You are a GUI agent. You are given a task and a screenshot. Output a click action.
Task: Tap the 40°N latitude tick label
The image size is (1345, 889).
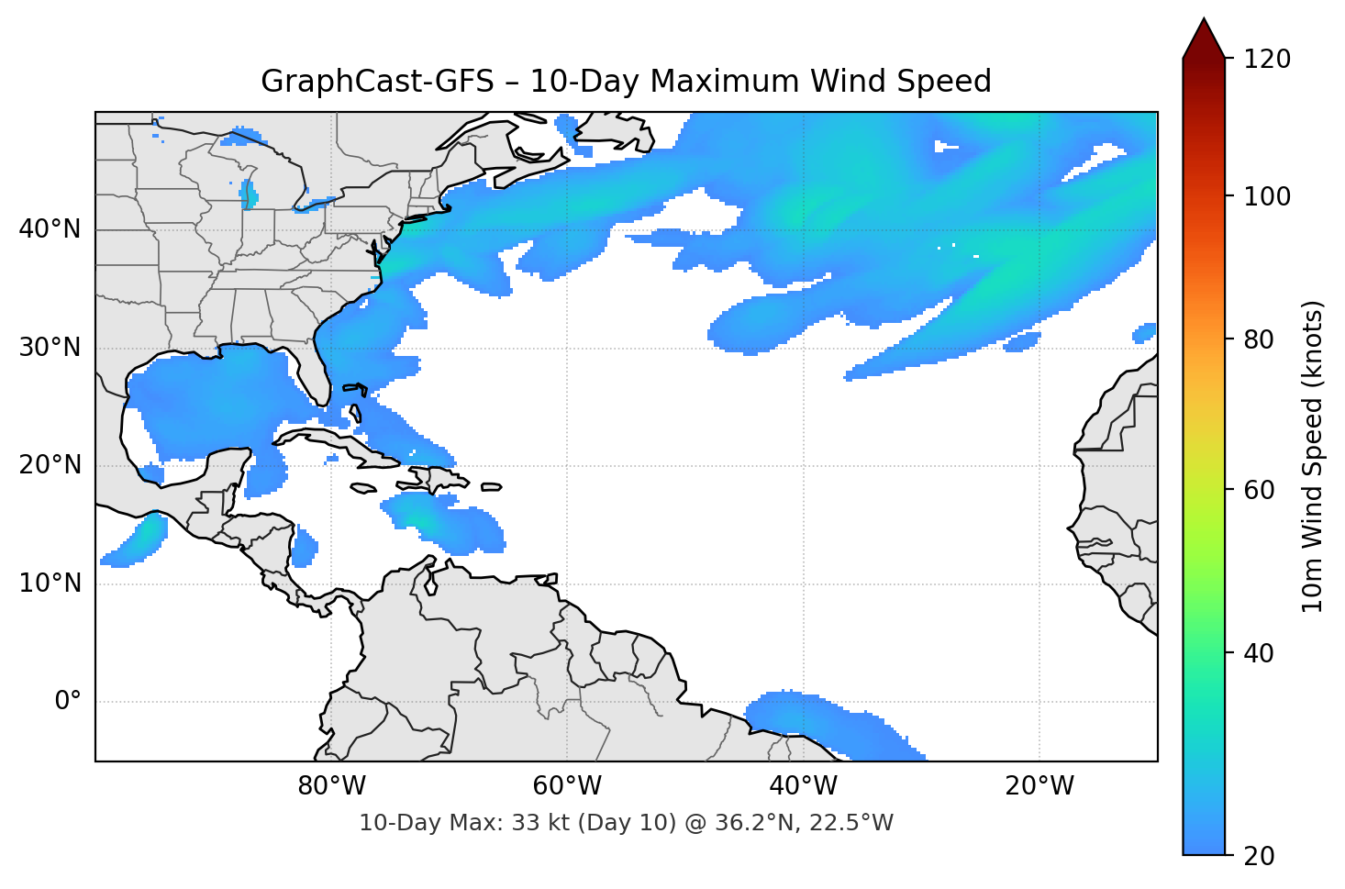(50, 228)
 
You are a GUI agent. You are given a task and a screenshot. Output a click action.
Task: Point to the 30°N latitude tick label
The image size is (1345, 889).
(50, 347)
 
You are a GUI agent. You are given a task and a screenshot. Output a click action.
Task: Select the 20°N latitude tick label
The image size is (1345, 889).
(50, 465)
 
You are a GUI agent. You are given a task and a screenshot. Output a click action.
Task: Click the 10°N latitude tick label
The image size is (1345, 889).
(50, 583)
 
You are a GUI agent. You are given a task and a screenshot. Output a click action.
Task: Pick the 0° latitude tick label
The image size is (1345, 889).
(68, 702)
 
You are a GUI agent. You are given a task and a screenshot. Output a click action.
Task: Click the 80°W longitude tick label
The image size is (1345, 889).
(331, 786)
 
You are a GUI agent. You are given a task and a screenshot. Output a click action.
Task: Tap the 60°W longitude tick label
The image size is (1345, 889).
(567, 786)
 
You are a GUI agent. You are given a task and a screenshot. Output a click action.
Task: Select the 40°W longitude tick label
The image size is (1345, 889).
(803, 786)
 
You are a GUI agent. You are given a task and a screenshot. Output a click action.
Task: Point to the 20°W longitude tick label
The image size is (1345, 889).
(1039, 786)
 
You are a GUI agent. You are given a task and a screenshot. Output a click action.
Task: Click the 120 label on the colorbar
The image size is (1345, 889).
(1267, 60)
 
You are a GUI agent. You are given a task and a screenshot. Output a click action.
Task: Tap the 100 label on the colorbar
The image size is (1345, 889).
(1267, 196)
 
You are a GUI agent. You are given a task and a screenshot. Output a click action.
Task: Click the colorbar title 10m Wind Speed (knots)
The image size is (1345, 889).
(1313, 457)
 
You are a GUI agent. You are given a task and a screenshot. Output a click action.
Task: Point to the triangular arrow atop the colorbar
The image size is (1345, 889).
(1204, 39)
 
